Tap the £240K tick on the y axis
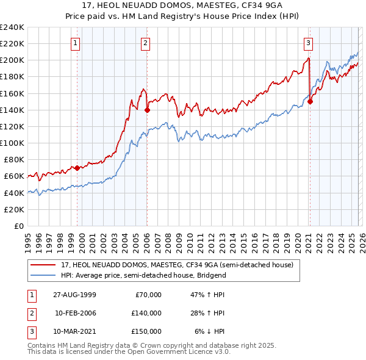point(12,27)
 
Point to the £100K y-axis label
point(12,143)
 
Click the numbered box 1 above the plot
point(75,43)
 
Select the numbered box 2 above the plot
point(146,43)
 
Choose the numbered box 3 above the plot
point(309,43)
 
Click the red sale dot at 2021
point(310,102)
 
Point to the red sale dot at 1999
point(77,168)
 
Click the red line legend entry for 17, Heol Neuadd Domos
point(177,265)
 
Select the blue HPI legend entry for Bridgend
point(143,275)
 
